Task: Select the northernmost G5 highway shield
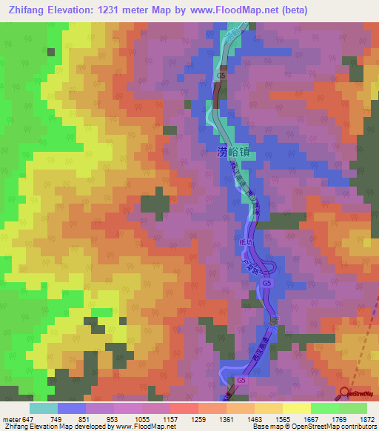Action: click(x=221, y=76)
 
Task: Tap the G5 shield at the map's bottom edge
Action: click(x=241, y=380)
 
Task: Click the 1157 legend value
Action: click(x=170, y=418)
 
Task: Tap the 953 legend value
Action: click(x=113, y=418)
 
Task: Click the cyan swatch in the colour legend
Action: click(x=43, y=408)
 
